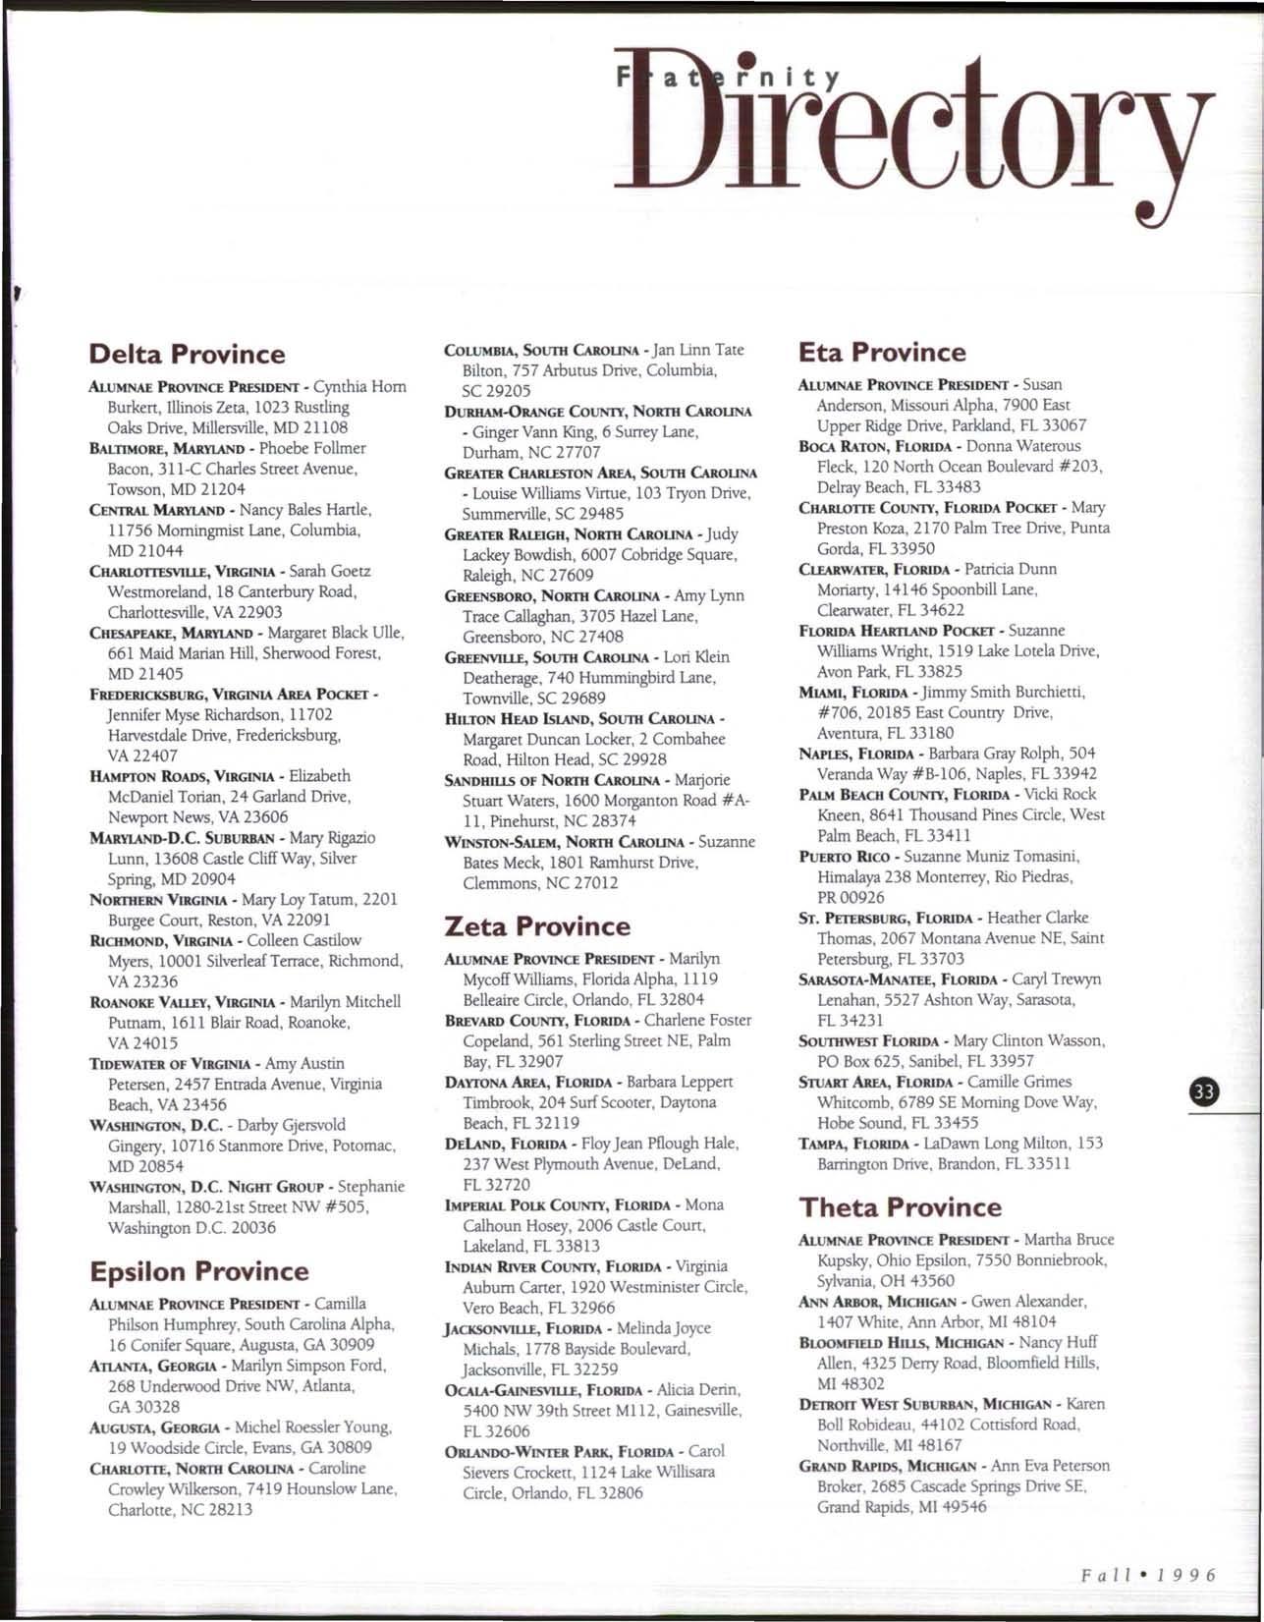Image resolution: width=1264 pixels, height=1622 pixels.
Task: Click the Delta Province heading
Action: pos(187,354)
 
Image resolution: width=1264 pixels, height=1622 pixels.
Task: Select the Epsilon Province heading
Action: pos(198,1271)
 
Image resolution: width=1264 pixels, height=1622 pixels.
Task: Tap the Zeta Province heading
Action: pos(537,925)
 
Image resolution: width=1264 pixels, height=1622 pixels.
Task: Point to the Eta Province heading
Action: pos(882,352)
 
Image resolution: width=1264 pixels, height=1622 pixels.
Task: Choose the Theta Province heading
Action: pos(900,1206)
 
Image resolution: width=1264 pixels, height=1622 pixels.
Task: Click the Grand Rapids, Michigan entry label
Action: pos(884,1466)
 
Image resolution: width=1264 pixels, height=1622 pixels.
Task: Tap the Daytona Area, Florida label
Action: pos(529,1082)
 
